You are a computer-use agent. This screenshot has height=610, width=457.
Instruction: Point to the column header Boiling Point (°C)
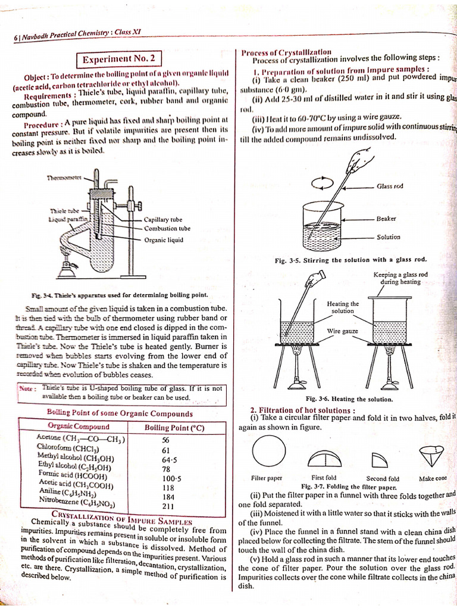(174, 427)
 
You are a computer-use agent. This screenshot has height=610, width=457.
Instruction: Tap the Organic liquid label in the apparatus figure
(164, 239)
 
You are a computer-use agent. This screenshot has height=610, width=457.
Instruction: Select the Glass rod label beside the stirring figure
(390, 186)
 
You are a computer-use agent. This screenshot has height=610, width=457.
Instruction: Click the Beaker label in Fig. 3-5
(386, 219)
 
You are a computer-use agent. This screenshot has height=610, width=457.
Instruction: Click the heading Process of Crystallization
(286, 52)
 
